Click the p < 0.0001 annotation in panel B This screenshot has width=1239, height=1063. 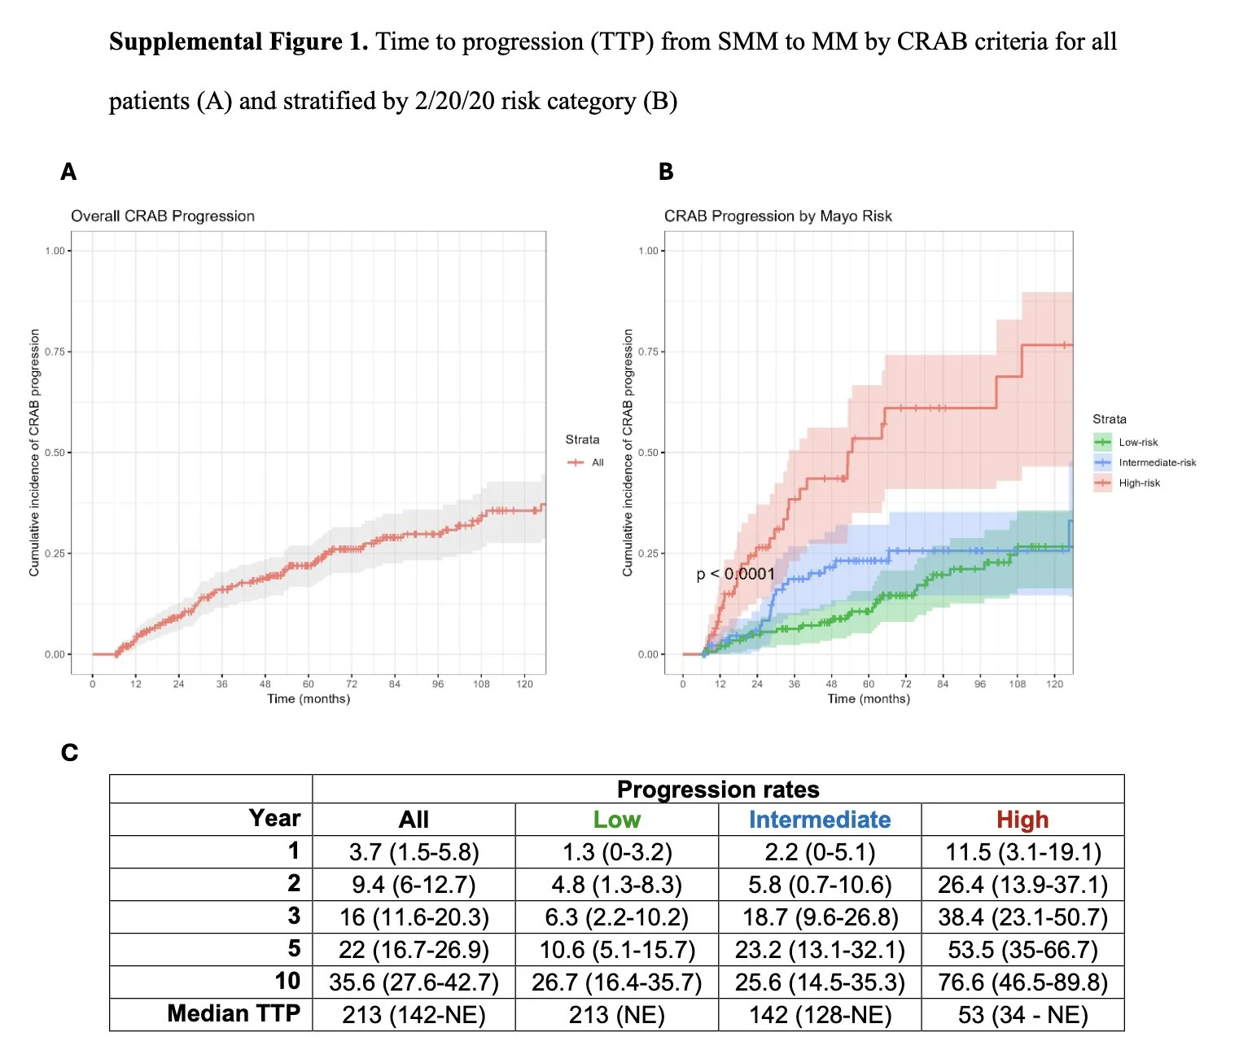(x=735, y=574)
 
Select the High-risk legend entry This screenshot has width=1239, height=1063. (x=1138, y=483)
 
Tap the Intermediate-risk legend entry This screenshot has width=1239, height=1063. (x=1156, y=462)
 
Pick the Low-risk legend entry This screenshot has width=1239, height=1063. (x=1137, y=442)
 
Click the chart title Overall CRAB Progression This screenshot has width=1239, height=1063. (x=163, y=216)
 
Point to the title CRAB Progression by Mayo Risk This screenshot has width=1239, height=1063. (x=777, y=216)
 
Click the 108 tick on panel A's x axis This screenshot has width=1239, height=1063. (x=481, y=684)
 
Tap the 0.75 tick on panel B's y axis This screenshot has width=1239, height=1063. (x=648, y=352)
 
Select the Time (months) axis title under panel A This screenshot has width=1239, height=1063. (x=309, y=698)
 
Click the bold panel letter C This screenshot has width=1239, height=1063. (x=70, y=752)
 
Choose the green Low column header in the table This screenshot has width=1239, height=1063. (x=616, y=820)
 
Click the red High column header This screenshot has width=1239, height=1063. (x=1022, y=820)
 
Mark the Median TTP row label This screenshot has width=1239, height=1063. (x=234, y=1013)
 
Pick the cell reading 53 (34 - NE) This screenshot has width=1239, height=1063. (x=1022, y=1015)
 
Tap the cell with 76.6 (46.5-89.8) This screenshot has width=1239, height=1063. (x=1022, y=982)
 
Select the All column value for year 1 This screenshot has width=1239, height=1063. (x=414, y=852)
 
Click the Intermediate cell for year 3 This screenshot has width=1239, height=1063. (x=820, y=917)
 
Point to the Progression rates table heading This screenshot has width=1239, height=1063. (x=718, y=790)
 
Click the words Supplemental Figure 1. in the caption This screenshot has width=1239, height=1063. (x=239, y=42)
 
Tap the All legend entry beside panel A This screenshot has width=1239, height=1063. (x=597, y=462)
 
